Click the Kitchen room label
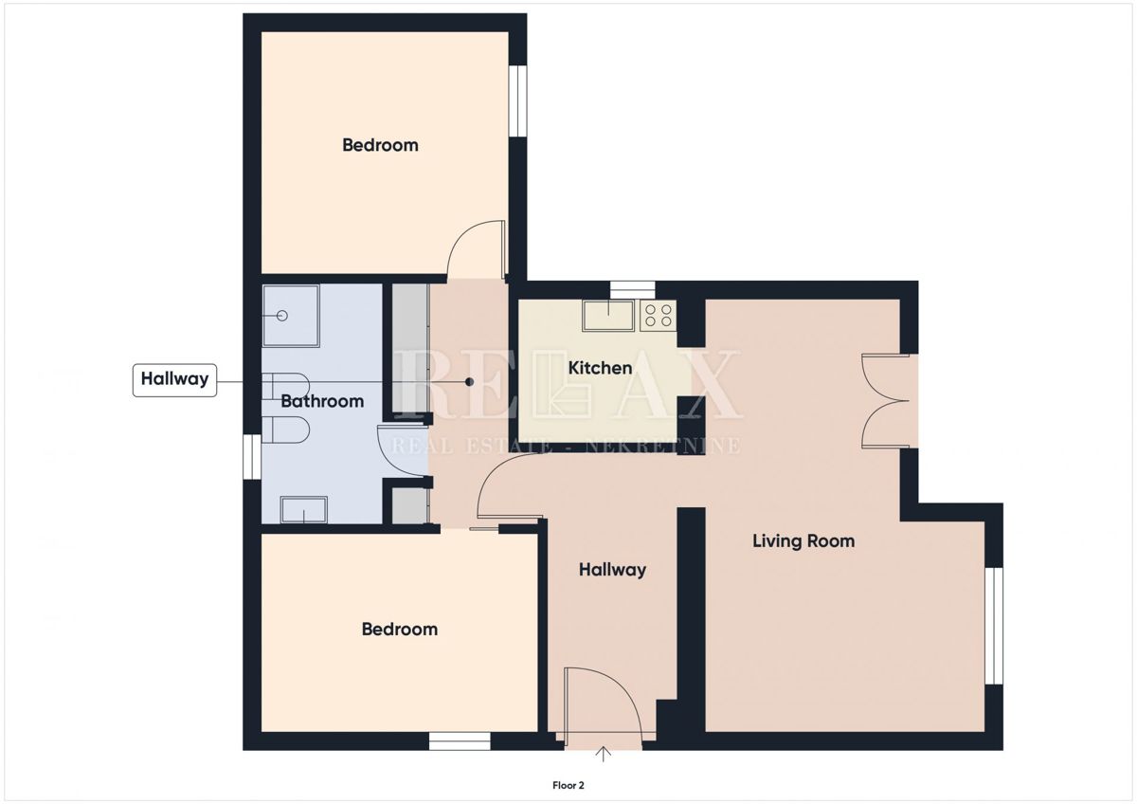[x=600, y=368]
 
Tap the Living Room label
[x=803, y=541]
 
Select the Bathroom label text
[x=322, y=401]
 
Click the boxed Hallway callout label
[x=174, y=379]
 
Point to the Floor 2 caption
[x=568, y=785]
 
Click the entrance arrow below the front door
[x=603, y=755]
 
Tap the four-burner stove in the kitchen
[x=659, y=315]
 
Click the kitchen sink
[x=608, y=315]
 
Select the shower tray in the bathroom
[x=291, y=316]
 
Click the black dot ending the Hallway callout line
[x=470, y=382]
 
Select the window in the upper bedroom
[x=518, y=100]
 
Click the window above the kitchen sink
[x=633, y=290]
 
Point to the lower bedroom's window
[x=460, y=741]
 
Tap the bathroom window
[x=252, y=456]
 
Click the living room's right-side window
[x=994, y=626]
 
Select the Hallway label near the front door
[x=613, y=570]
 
